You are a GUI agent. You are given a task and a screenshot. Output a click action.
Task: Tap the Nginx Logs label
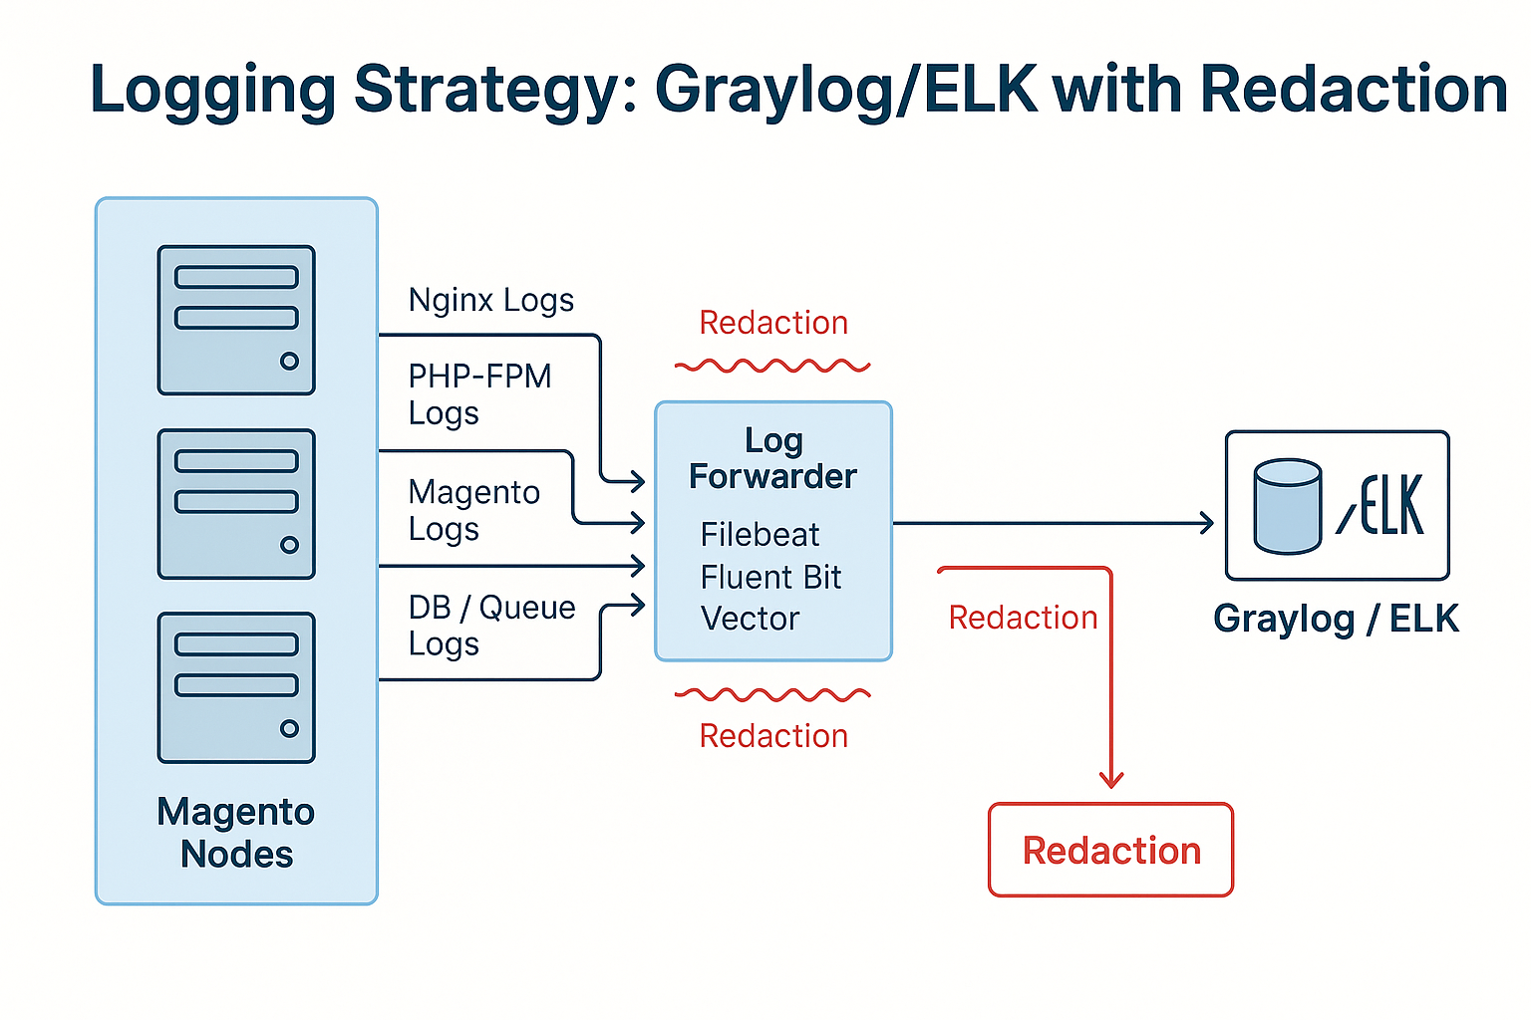pyautogui.click(x=491, y=300)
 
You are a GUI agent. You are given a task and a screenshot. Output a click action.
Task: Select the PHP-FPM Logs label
pyautogui.click(x=479, y=394)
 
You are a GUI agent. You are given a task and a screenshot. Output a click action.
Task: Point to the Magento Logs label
pyautogui.click(x=474, y=510)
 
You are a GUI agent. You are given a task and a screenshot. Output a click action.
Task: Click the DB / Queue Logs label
pyautogui.click(x=491, y=626)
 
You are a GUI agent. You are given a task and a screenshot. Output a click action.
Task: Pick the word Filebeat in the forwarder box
pyautogui.click(x=760, y=535)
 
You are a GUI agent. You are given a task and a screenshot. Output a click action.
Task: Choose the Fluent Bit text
pyautogui.click(x=770, y=577)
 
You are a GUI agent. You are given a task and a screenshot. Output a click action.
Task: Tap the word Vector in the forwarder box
pyautogui.click(x=750, y=619)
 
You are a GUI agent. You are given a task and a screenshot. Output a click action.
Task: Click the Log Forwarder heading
pyautogui.click(x=772, y=458)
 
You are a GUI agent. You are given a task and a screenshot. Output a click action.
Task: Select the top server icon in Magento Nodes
pyautogui.click(x=236, y=320)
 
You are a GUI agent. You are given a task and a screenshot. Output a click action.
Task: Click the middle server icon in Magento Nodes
pyautogui.click(x=236, y=504)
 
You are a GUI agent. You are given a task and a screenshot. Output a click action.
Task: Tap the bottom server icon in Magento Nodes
pyautogui.click(x=236, y=687)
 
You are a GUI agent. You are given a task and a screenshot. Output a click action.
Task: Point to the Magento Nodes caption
pyautogui.click(x=236, y=833)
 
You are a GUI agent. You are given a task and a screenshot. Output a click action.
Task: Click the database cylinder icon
pyautogui.click(x=1288, y=506)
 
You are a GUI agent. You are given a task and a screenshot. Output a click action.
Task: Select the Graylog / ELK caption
pyautogui.click(x=1336, y=619)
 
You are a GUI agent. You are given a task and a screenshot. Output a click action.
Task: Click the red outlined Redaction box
pyautogui.click(x=1110, y=851)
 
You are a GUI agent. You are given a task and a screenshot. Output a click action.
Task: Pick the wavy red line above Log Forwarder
pyautogui.click(x=772, y=367)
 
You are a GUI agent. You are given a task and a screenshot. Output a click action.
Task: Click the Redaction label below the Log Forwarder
pyautogui.click(x=773, y=736)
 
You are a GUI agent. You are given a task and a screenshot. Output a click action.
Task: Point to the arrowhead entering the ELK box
pyautogui.click(x=1207, y=522)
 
